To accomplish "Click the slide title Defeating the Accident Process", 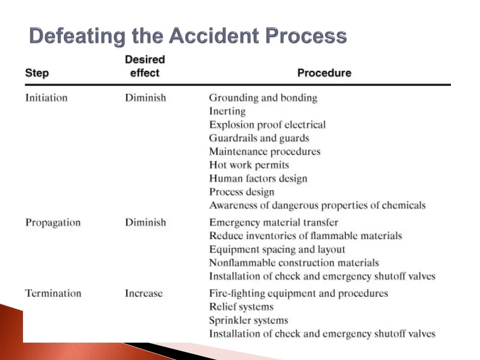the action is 188,36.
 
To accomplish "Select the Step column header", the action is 37,73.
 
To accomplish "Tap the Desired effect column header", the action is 145,66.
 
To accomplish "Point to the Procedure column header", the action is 324,73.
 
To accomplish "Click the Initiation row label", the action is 46,98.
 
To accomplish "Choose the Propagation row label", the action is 53,223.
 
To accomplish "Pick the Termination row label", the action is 53,293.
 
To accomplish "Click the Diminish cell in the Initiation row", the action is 145,98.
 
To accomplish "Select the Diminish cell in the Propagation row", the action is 145,223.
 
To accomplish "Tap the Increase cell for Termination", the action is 143,293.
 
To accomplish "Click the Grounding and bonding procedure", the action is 263,98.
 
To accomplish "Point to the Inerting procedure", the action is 227,112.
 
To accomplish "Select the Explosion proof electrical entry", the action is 267,125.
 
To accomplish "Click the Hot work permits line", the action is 249,165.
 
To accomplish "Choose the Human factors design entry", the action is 258,179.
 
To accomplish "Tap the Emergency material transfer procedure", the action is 273,223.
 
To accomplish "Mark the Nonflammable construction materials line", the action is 294,263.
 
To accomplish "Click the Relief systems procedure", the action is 241,307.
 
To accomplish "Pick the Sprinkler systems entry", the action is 248,321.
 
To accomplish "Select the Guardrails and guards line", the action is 259,138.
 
